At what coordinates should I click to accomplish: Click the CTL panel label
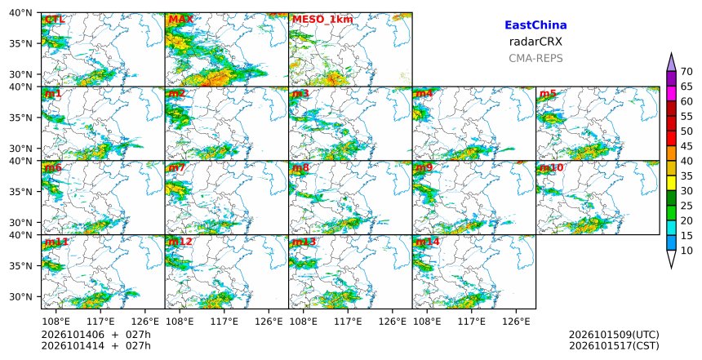55,20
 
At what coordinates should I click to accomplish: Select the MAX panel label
181,20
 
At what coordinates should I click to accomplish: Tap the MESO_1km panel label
322,20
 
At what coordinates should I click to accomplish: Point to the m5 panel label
548,94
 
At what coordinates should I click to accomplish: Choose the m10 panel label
551,167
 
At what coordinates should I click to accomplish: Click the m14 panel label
428,242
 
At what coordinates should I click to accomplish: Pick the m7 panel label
177,167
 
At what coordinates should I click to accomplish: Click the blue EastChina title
535,25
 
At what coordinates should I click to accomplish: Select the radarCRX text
535,42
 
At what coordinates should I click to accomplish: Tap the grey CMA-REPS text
535,58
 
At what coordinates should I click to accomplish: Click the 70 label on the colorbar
686,72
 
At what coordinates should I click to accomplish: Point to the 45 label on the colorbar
686,146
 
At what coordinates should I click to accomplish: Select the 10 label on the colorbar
686,251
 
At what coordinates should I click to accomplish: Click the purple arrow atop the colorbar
671,62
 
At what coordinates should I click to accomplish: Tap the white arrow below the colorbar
671,260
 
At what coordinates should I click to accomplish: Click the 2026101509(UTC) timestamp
614,335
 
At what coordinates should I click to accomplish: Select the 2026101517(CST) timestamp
614,346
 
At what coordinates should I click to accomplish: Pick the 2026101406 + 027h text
96,335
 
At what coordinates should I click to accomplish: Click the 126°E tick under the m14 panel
516,322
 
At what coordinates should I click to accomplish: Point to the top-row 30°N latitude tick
20,74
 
